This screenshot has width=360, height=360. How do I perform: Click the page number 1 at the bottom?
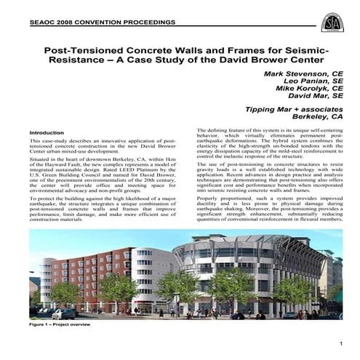point(340,352)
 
